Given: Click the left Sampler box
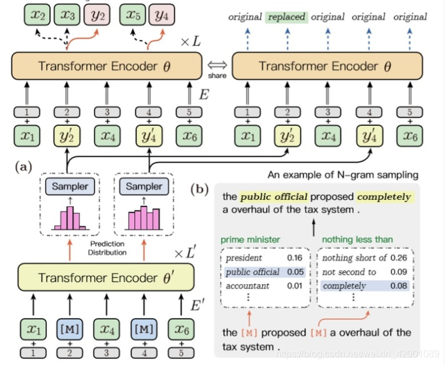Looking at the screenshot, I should click(69, 186).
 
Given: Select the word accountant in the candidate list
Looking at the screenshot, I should click(248, 285).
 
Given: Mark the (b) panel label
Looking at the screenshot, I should click(200, 189).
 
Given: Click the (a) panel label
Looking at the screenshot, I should click(24, 165).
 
